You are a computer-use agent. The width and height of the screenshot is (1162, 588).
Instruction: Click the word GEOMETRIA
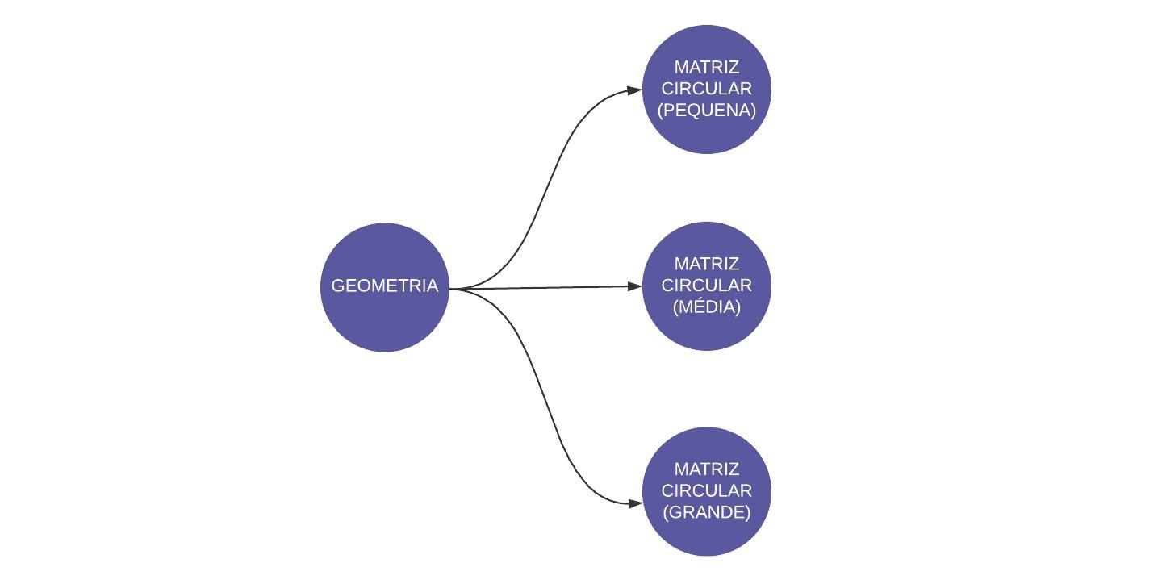(384, 286)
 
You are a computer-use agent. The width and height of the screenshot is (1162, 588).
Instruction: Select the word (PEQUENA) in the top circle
(707, 111)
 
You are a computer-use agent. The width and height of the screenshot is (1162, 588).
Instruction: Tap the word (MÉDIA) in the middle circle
(707, 307)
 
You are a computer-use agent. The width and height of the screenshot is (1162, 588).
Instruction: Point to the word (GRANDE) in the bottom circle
(707, 512)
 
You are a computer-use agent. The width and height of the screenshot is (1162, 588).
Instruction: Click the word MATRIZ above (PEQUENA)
(707, 67)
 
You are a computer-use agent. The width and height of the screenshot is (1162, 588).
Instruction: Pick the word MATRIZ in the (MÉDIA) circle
(707, 264)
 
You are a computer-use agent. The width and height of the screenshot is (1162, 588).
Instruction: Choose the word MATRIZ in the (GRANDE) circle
(707, 469)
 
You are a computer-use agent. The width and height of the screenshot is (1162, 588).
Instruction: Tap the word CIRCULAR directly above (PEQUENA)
(707, 89)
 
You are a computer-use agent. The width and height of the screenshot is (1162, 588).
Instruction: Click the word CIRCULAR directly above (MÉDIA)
(707, 286)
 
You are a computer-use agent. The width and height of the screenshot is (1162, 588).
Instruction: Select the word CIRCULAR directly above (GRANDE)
(707, 490)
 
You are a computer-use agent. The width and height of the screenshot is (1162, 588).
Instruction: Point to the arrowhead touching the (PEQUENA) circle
(635, 91)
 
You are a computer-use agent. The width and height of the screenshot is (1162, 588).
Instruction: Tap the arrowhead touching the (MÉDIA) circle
(635, 286)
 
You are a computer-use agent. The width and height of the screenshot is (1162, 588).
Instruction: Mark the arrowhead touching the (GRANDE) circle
(635, 503)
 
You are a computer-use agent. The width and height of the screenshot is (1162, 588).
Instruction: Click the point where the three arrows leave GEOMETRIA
(451, 288)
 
